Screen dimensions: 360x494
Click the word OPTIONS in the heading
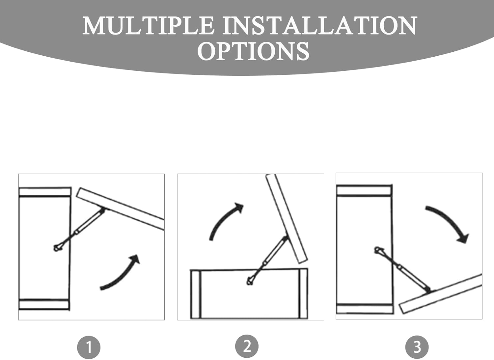[253, 51]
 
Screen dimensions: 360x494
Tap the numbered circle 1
[89, 347]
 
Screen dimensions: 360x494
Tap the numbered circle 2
[247, 346]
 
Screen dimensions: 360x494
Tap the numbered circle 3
[417, 347]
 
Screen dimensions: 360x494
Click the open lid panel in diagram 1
[120, 208]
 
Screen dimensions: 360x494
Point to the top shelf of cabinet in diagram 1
[45, 192]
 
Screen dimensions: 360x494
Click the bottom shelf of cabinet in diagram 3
[365, 309]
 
